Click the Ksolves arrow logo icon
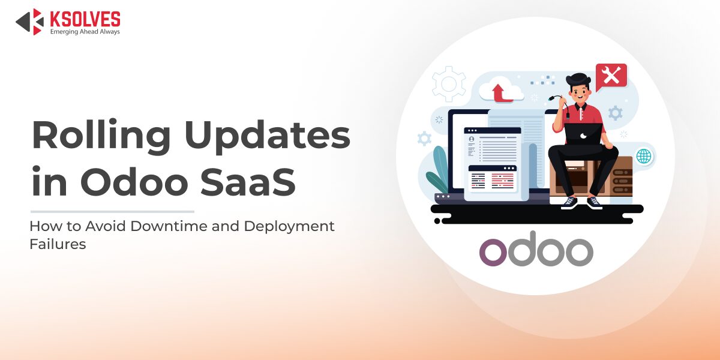pyautogui.click(x=30, y=22)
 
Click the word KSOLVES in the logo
pyautogui.click(x=85, y=19)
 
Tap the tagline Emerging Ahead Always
pyautogui.click(x=85, y=31)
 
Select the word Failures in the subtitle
pyautogui.click(x=58, y=244)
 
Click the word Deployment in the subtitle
pyautogui.click(x=289, y=227)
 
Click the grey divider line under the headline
pyautogui.click(x=113, y=211)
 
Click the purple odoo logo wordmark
pyautogui.click(x=536, y=249)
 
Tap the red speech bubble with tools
pyautogui.click(x=611, y=77)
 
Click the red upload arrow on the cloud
pyautogui.click(x=500, y=93)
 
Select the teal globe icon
pyautogui.click(x=644, y=157)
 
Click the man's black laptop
pyautogui.click(x=584, y=134)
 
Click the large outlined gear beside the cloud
pyautogui.click(x=449, y=84)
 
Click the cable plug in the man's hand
pyautogui.click(x=552, y=98)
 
